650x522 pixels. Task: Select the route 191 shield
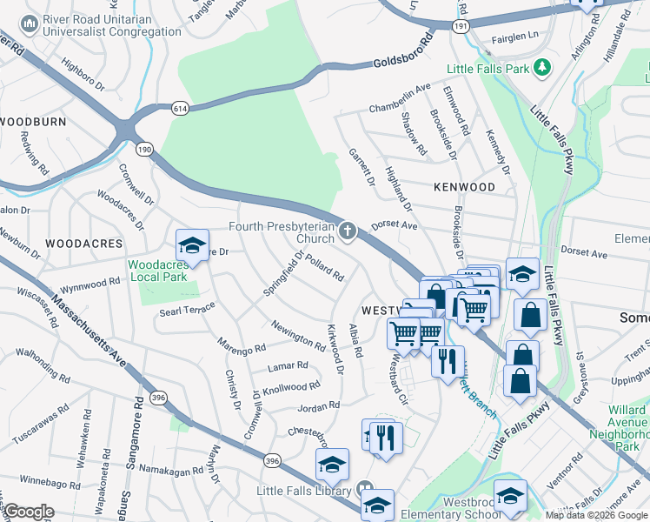tap(460, 28)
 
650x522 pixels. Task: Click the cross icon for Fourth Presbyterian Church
tap(348, 231)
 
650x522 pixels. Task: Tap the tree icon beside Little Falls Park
tap(543, 67)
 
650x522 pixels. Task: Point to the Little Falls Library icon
tap(365, 491)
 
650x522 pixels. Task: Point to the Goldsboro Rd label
tap(403, 53)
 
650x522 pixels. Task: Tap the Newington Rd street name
tap(298, 333)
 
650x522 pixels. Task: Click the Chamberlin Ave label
tap(400, 97)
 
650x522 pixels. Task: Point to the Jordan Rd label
tap(318, 406)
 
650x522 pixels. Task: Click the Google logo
tap(29, 512)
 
